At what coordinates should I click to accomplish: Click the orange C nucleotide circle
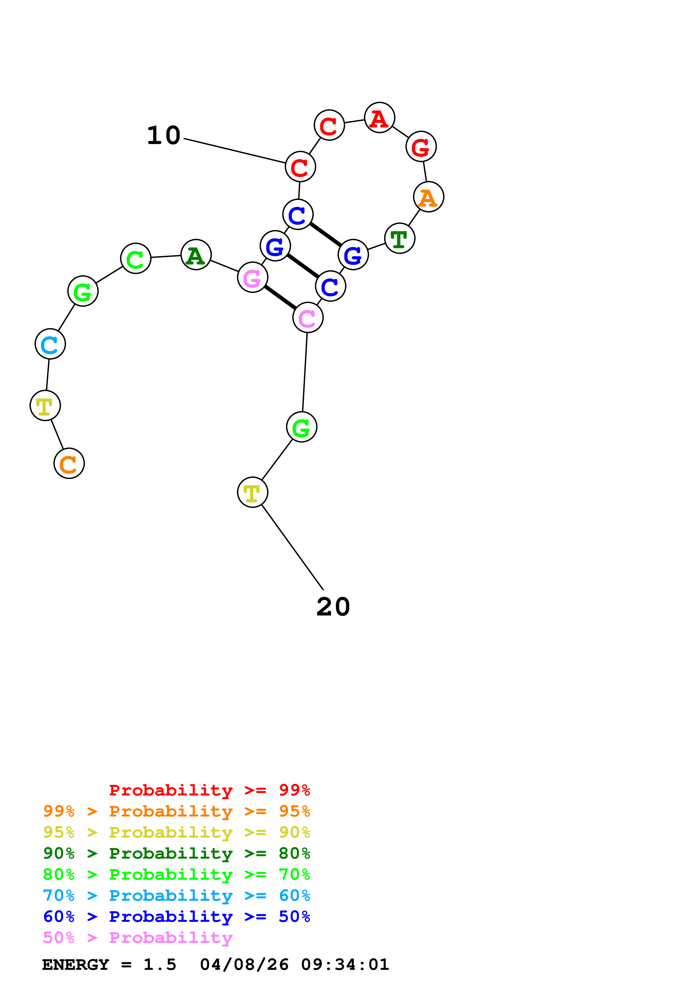point(69,463)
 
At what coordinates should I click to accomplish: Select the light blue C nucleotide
point(50,344)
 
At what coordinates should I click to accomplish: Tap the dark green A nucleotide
point(196,255)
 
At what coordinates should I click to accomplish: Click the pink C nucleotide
point(308,318)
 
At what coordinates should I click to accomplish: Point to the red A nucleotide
point(380,118)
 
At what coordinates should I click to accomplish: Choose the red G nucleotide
point(421,147)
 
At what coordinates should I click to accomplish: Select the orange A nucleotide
point(428,197)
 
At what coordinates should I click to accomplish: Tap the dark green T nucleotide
point(400,238)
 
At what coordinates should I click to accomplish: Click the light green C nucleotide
point(136,259)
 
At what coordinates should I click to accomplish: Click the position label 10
point(163,136)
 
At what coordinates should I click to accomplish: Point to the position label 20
point(333,607)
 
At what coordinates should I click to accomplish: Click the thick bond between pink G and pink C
point(280,297)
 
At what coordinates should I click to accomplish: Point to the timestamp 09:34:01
point(345,965)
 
